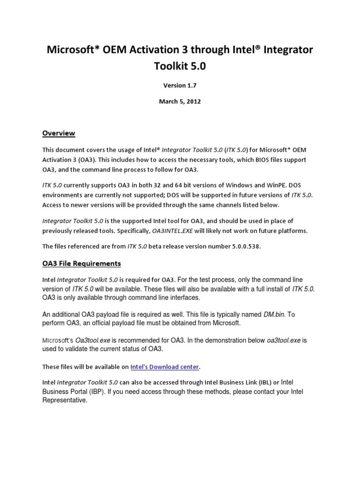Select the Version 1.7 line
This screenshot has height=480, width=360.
[180, 85]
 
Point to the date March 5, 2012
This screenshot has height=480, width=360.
[180, 101]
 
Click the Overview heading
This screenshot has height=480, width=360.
[59, 133]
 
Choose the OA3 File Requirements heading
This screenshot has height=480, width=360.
[82, 263]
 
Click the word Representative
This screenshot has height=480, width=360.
[65, 400]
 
